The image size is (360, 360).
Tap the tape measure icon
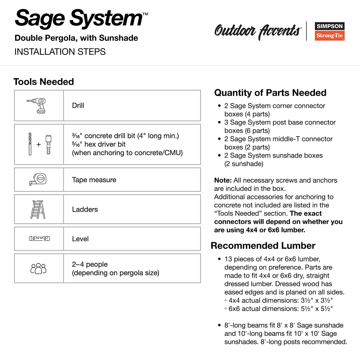(39, 179)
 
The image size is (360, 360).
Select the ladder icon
(38, 210)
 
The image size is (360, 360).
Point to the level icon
(39, 238)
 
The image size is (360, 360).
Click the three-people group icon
(39, 268)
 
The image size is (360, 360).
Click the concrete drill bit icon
(30, 144)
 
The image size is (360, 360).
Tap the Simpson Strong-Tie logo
(330, 31)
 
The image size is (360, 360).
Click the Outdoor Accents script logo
(258, 31)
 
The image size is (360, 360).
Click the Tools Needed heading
(44, 82)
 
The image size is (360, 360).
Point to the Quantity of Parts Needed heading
(270, 93)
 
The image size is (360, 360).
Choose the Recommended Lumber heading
(263, 246)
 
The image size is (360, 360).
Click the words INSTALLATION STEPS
(60, 52)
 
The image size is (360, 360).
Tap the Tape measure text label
(94, 180)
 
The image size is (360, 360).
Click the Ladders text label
(85, 209)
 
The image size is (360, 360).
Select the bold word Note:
(223, 180)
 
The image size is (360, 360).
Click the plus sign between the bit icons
(39, 145)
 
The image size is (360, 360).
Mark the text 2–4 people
(90, 264)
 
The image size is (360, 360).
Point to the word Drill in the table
(78, 105)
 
